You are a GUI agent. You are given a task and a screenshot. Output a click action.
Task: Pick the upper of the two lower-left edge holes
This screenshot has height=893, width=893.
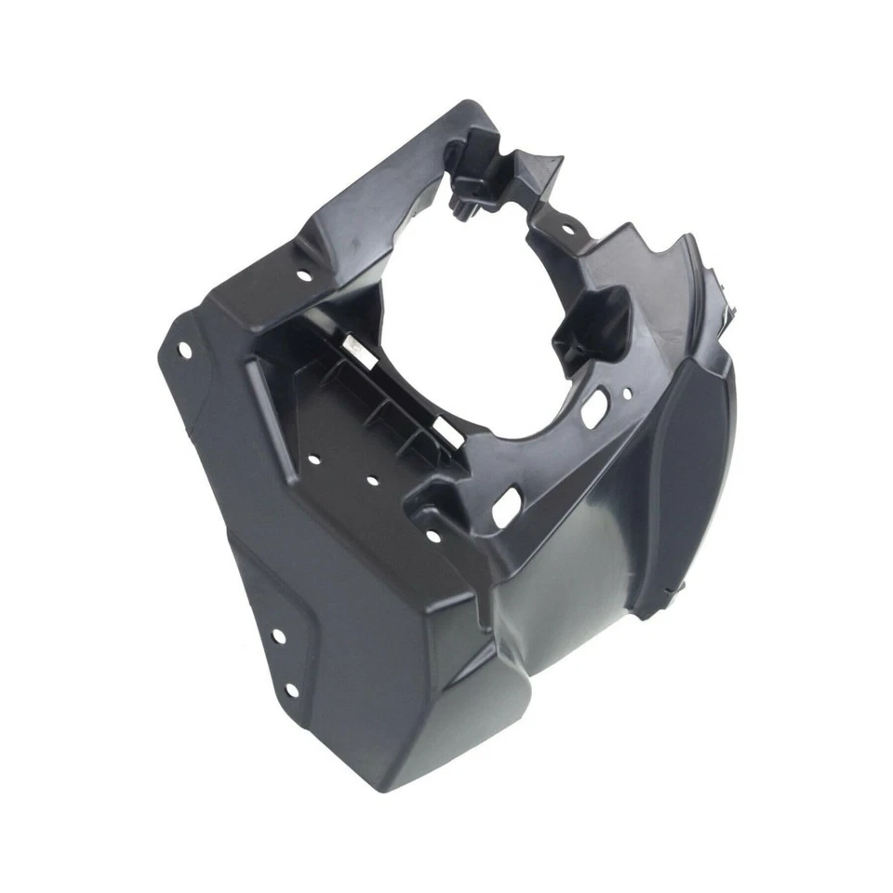276,636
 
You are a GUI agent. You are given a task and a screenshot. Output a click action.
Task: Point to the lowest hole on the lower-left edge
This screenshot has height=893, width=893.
291,689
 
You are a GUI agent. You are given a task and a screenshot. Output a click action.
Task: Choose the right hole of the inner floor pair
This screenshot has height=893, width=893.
371,482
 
